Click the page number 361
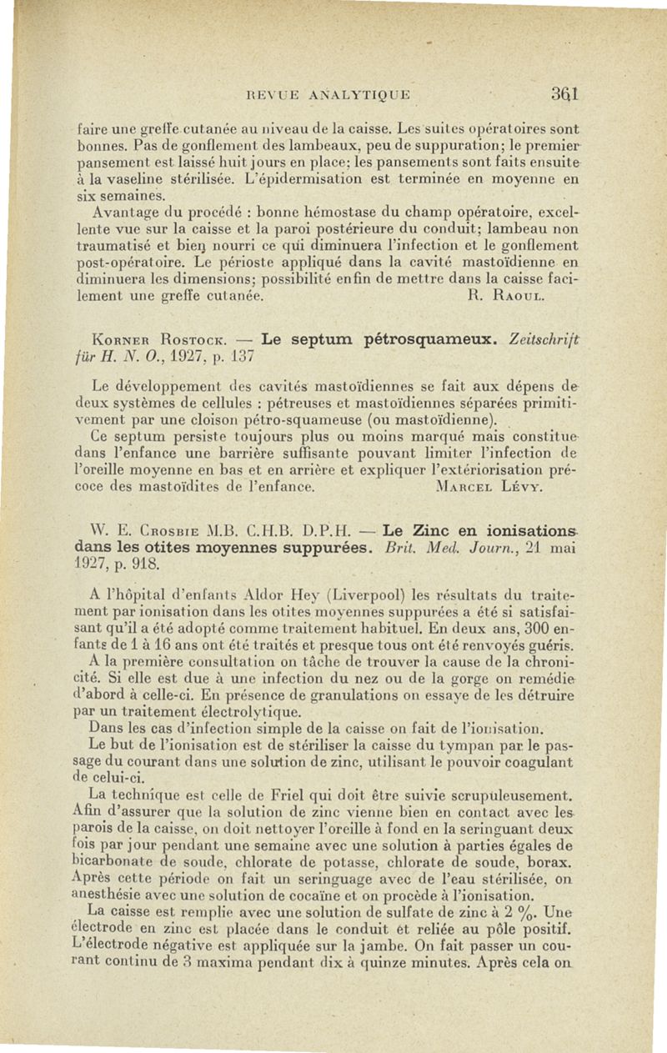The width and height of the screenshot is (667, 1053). pyautogui.click(x=564, y=94)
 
